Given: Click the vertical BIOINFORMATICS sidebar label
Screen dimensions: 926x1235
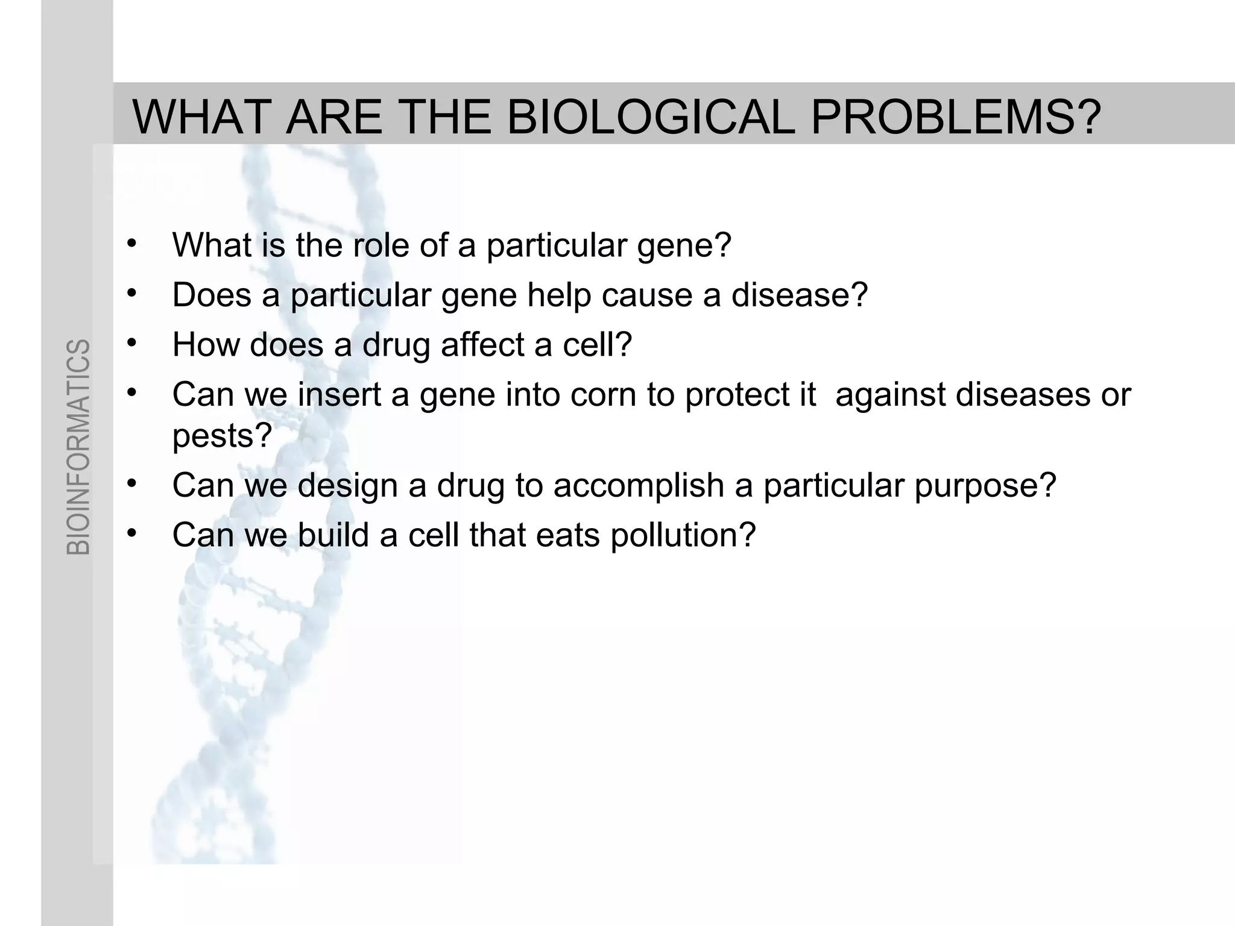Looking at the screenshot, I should point(78,447).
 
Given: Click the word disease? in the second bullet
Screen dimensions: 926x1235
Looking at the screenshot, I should point(800,295).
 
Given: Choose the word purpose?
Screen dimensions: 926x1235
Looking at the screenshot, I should point(985,485).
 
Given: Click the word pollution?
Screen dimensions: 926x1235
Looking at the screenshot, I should point(683,535).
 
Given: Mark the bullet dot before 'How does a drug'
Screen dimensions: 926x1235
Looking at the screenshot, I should point(132,342).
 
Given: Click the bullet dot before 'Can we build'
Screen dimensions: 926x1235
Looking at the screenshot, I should point(132,532).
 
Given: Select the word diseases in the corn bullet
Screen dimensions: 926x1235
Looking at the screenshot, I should point(1023,395).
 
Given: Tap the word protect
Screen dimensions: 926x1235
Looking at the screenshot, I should point(750,395).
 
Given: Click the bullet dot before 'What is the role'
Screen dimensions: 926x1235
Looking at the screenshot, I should point(132,243).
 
